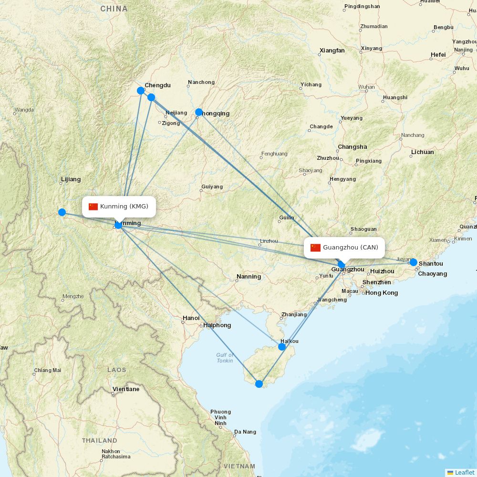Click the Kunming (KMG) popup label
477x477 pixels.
(x=119, y=207)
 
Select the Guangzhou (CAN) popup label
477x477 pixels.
(x=344, y=247)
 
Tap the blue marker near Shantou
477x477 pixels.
(x=414, y=262)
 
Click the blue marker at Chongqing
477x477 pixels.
(x=199, y=113)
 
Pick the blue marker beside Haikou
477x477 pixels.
(x=282, y=347)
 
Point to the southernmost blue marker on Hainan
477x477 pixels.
(x=259, y=384)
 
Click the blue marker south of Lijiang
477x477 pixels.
(x=62, y=212)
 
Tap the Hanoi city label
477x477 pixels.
(x=191, y=318)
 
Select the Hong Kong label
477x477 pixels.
(x=382, y=293)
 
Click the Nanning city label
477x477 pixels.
(x=249, y=277)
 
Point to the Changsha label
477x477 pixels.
(x=353, y=147)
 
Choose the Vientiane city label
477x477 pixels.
(x=126, y=389)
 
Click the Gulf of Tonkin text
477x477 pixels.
(x=225, y=358)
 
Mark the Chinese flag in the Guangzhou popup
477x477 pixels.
(x=315, y=248)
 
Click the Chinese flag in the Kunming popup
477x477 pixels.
(x=93, y=207)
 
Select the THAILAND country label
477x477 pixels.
(x=99, y=440)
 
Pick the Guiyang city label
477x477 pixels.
(x=212, y=187)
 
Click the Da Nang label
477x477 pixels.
(x=245, y=432)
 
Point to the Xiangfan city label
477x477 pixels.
(x=332, y=51)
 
